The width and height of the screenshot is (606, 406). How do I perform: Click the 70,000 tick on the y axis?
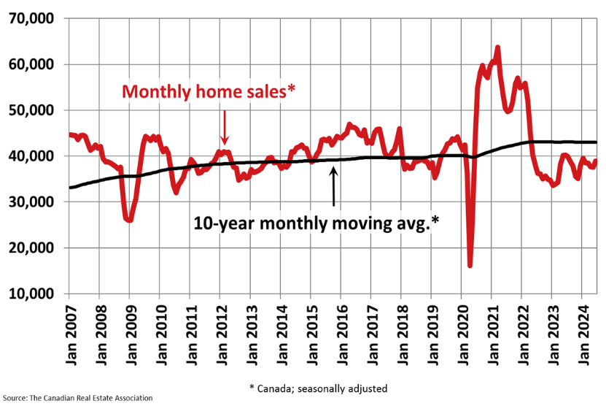pyautogui.click(x=33, y=18)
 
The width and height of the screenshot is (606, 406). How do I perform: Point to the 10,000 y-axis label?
pyautogui.click(x=33, y=294)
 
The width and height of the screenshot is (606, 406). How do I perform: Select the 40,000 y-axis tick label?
pyautogui.click(x=33, y=156)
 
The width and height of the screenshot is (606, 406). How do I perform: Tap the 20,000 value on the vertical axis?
pyautogui.click(x=33, y=248)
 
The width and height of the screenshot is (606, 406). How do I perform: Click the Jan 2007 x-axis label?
pyautogui.click(x=69, y=332)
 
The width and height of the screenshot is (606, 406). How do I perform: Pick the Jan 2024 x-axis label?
pyautogui.click(x=582, y=332)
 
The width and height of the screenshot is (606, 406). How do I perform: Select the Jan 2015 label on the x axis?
pyautogui.click(x=310, y=332)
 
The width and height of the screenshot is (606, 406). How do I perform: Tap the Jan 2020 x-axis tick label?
pyautogui.click(x=461, y=332)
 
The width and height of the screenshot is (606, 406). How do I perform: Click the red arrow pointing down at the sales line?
pyautogui.click(x=225, y=127)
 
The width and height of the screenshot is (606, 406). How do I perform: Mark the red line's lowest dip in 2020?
pyautogui.click(x=470, y=265)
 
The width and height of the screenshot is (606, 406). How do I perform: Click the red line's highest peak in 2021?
pyautogui.click(x=497, y=48)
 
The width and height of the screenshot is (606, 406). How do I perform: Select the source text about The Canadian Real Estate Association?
pyautogui.click(x=77, y=398)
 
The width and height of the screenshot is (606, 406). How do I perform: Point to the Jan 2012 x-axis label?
pyautogui.click(x=220, y=332)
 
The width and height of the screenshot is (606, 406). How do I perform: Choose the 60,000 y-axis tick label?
pyautogui.click(x=33, y=64)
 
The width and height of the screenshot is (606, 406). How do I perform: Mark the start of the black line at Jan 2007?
pyautogui.click(x=70, y=188)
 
